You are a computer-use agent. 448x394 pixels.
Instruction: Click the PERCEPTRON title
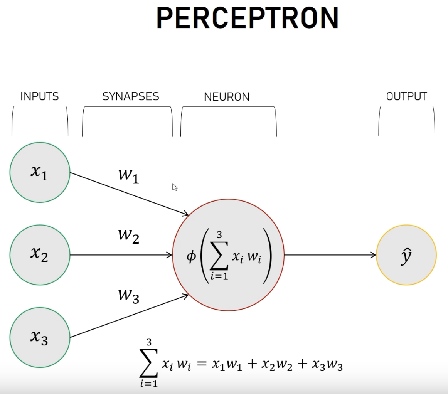click(247, 18)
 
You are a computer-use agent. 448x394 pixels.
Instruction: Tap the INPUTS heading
click(40, 96)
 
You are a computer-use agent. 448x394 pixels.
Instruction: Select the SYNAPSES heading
click(131, 96)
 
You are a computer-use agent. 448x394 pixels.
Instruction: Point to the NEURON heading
click(227, 97)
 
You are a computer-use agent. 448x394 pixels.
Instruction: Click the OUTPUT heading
click(407, 96)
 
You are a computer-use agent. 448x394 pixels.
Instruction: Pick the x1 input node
click(40, 172)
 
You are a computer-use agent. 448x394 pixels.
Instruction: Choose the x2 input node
click(40, 255)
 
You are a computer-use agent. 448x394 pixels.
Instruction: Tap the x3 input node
click(40, 337)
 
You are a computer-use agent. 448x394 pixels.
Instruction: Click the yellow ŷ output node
click(406, 255)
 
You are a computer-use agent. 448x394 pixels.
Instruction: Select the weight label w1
click(128, 175)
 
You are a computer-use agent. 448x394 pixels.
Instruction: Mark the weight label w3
click(128, 296)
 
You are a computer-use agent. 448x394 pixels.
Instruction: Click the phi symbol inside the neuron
click(191, 256)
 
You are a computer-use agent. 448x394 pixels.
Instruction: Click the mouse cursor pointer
click(175, 187)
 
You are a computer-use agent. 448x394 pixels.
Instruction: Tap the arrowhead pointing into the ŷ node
click(373, 255)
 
